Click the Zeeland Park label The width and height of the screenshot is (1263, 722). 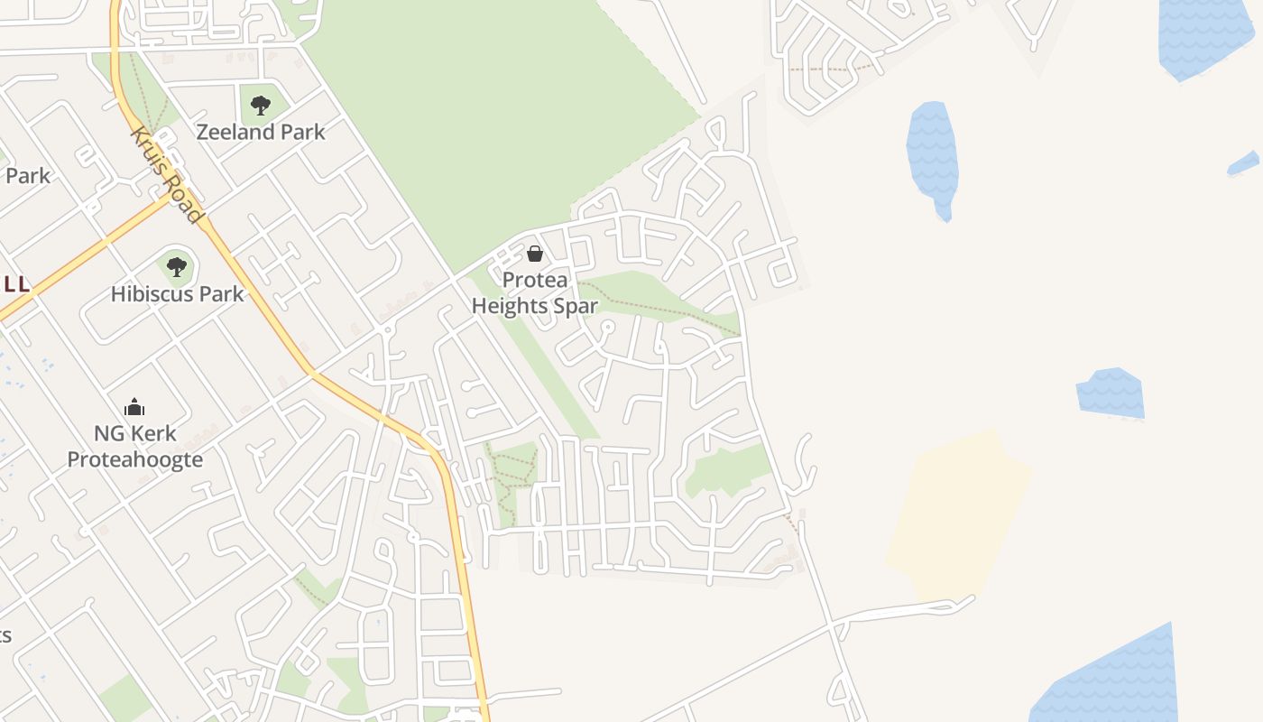261,132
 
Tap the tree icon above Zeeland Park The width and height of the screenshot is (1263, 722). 261,106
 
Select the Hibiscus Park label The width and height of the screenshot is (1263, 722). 177,294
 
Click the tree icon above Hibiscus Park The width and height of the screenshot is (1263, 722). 177,267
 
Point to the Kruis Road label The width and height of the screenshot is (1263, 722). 165,175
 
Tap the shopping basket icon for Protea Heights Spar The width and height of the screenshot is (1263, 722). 535,254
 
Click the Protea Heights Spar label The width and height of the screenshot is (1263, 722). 535,293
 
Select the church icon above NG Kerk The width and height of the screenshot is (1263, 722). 134,407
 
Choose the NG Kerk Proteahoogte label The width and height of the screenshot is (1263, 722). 135,447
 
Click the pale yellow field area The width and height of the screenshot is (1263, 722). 956,514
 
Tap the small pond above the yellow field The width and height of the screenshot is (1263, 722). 1111,393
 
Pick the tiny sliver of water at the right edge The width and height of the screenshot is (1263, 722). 1244,163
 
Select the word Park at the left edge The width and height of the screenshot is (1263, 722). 27,175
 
